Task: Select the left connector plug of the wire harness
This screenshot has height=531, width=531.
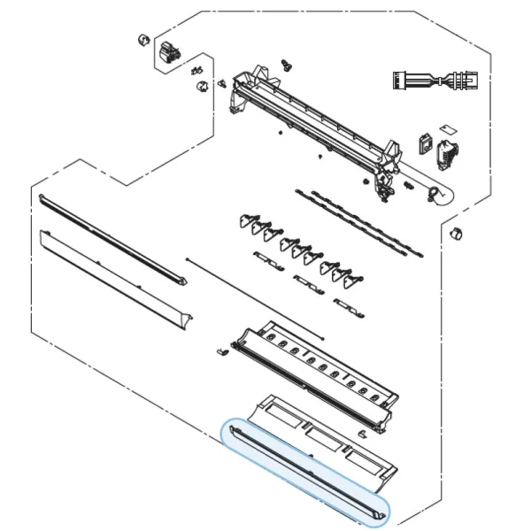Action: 409,81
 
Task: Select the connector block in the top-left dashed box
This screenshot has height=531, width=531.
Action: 165,55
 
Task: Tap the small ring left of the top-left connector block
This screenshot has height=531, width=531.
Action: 140,40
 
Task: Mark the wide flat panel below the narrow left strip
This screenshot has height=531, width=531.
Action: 115,279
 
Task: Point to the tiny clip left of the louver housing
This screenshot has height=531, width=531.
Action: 222,353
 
